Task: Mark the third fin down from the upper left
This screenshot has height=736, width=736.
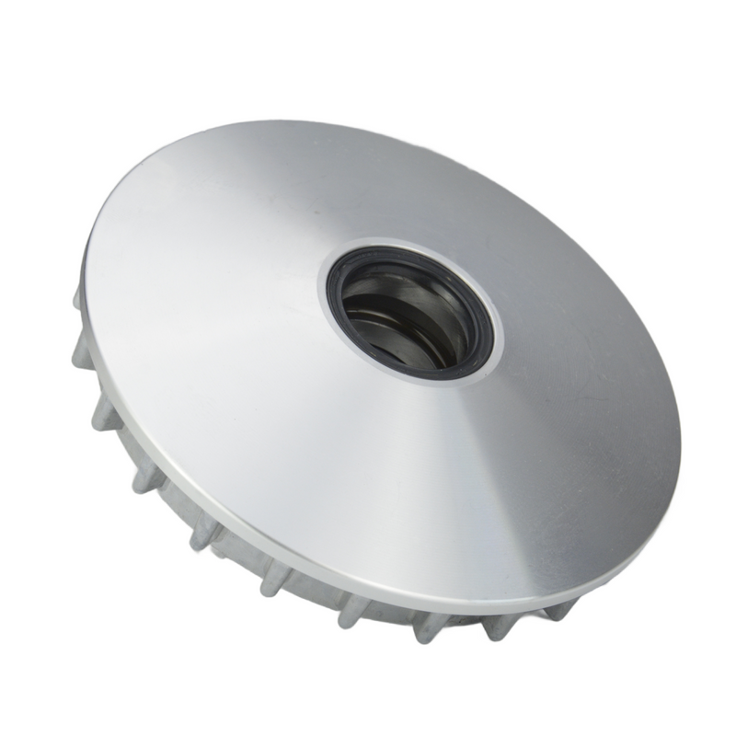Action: (x=103, y=414)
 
